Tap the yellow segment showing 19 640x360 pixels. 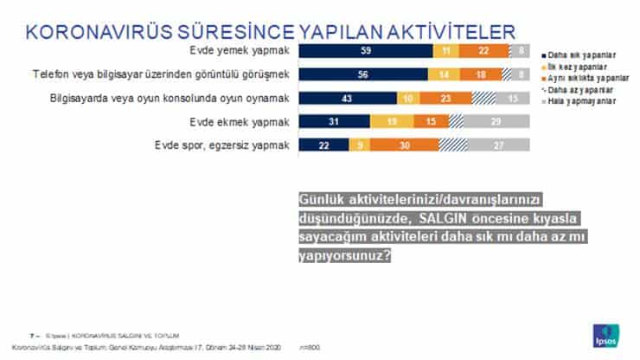point(392,122)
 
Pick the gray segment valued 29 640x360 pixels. point(497,122)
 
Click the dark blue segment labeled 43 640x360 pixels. point(347,99)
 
